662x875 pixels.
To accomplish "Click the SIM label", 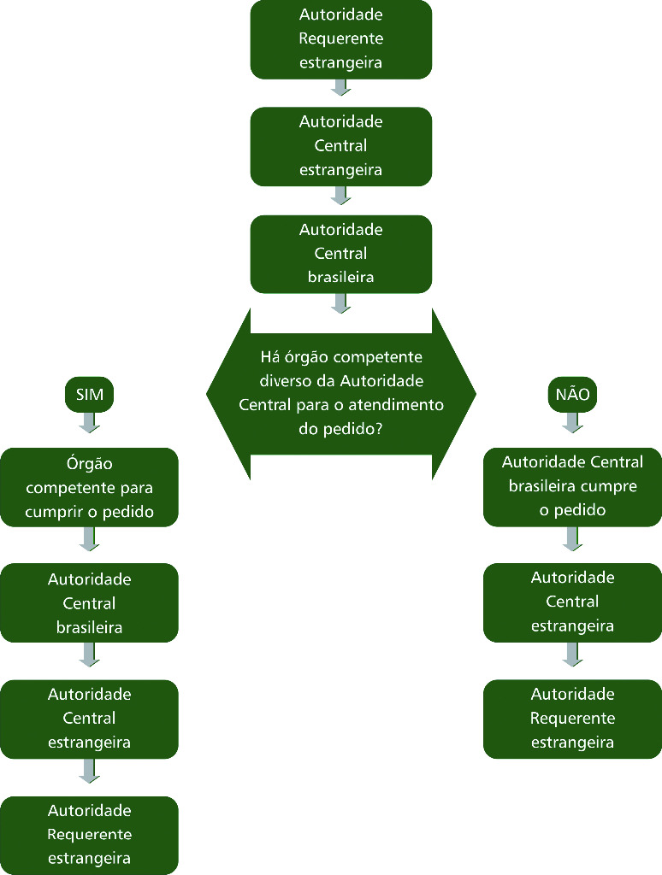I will click(x=90, y=395).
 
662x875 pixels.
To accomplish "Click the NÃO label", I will click(x=573, y=395).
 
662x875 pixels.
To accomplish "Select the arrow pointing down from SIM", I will click(x=90, y=422).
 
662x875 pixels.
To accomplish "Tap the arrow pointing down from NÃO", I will click(x=573, y=422).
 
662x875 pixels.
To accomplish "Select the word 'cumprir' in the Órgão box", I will click(x=53, y=512).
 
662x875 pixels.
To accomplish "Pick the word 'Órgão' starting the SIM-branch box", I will click(x=90, y=464).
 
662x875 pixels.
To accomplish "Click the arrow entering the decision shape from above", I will click(x=341, y=303).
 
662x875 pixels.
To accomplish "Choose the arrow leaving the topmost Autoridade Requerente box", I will click(x=341, y=87).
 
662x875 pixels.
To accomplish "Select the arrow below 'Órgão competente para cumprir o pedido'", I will click(x=90, y=538).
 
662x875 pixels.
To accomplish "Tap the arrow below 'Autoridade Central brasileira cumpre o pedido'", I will click(x=573, y=538).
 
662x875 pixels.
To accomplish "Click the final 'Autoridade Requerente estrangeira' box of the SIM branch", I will click(x=90, y=834).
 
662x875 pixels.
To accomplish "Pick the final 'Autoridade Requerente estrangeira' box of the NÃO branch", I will click(x=573, y=719).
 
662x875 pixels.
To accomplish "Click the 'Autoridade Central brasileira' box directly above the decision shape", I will click(x=341, y=254).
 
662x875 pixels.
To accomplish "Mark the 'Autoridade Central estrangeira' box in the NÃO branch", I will click(x=573, y=602).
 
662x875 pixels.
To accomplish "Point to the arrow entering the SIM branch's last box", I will click(x=90, y=771).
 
